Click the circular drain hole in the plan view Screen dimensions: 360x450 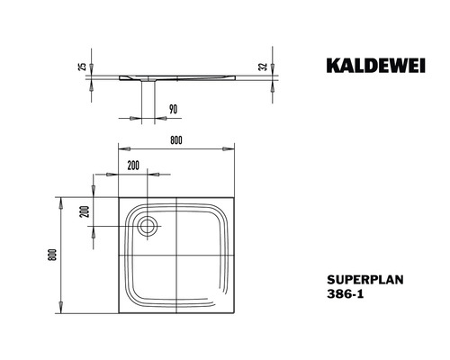point(148,226)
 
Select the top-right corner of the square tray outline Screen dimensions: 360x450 point(235,195)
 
